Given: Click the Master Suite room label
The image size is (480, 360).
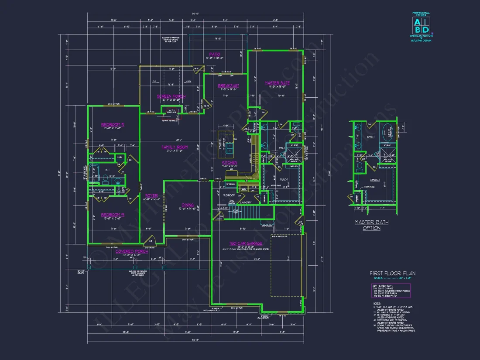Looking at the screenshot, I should click(x=277, y=82).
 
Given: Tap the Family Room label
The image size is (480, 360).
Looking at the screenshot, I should click(x=175, y=147).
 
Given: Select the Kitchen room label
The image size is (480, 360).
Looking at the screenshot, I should click(x=230, y=162).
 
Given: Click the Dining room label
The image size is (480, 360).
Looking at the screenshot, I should click(x=188, y=205).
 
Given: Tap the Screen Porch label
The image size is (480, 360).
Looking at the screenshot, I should click(x=171, y=96).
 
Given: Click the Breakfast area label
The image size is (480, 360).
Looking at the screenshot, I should click(x=228, y=86).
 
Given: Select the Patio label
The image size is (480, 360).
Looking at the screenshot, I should click(x=215, y=55).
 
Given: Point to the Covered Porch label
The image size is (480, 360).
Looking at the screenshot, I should click(x=131, y=251).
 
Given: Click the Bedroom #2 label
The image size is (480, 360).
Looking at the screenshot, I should click(x=113, y=124).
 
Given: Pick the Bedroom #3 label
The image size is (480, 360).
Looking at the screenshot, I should click(x=113, y=215).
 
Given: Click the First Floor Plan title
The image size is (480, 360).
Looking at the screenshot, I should click(x=393, y=274).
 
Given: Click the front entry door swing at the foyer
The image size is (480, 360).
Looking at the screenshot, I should click(x=149, y=240).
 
